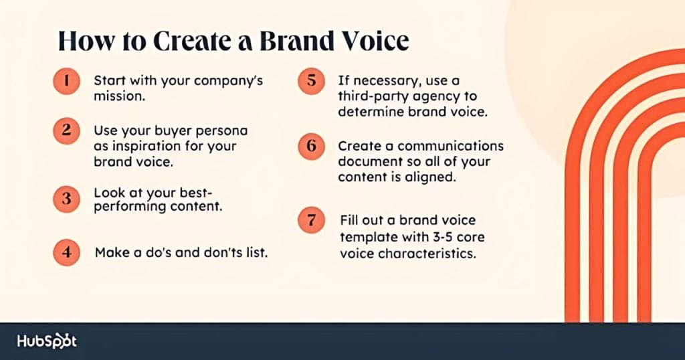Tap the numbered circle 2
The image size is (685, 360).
[66, 130]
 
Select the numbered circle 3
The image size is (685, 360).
[66, 198]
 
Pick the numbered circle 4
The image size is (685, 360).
[66, 253]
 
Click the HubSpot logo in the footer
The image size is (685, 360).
[47, 341]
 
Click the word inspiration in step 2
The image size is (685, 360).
[138, 145]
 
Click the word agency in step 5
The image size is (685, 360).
[433, 96]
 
